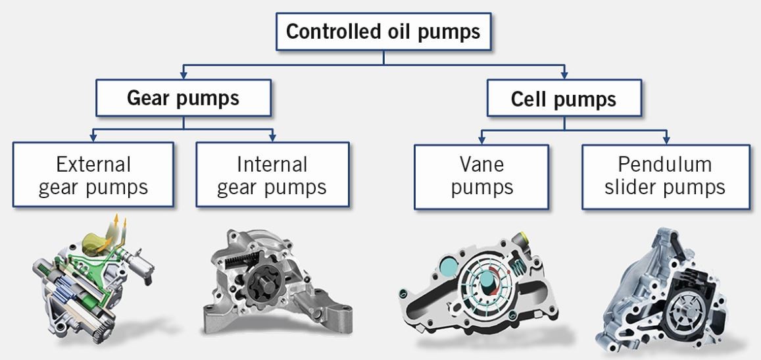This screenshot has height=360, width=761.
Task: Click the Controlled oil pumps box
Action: pyautogui.click(x=383, y=32)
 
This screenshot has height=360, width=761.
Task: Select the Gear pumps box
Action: pyautogui.click(x=183, y=99)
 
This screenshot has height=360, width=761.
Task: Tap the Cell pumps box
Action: pyautogui.click(x=564, y=99)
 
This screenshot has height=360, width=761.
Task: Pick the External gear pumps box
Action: pyautogui.click(x=93, y=175)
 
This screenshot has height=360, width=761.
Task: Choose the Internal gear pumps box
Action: pyautogui.click(x=272, y=175)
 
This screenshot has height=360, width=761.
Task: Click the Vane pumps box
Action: pyautogui.click(x=481, y=175)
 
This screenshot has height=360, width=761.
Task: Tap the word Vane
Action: pyautogui.click(x=481, y=163)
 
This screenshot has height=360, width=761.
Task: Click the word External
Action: pyautogui.click(x=93, y=163)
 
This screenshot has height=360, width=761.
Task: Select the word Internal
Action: pyautogui.click(x=272, y=163)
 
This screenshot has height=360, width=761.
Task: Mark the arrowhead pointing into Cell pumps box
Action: pyautogui.click(x=564, y=76)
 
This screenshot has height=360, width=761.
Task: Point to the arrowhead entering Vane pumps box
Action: pyautogui.click(x=481, y=140)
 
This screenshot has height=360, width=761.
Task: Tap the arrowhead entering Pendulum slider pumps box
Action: pyautogui.click(x=667, y=140)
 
